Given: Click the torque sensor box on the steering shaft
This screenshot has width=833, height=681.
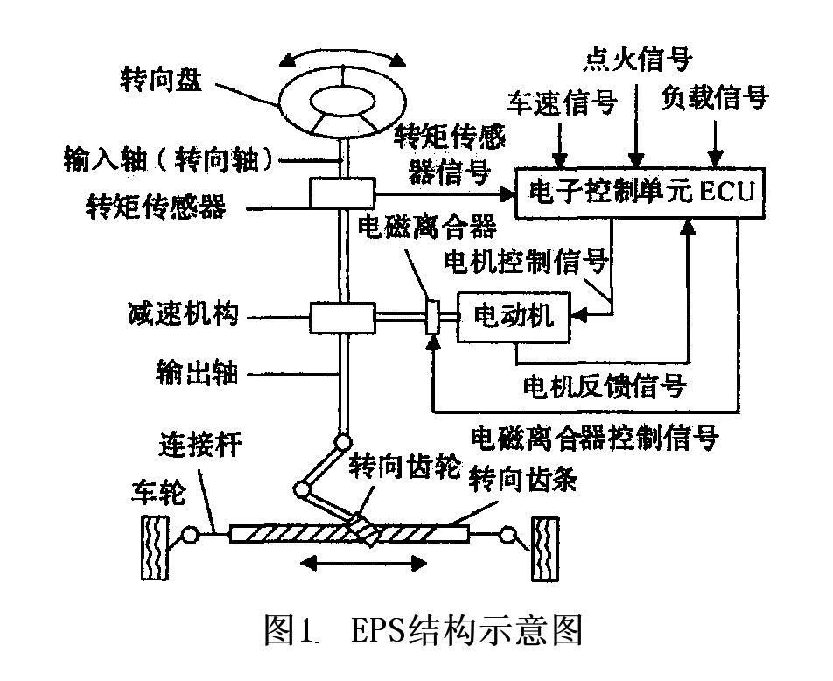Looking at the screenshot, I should click(341, 193).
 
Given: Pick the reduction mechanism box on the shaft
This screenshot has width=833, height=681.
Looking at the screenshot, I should click(341, 315).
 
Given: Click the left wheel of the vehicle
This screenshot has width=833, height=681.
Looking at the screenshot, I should click(156, 548).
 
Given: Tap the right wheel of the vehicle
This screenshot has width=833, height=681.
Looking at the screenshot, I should click(545, 548).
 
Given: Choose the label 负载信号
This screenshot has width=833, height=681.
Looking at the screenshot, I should click(715, 97).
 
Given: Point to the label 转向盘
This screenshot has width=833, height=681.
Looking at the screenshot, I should click(161, 81).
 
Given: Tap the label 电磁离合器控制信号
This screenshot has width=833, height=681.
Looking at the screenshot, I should click(594, 436).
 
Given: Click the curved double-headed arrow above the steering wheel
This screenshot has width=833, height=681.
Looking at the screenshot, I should click(343, 55).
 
